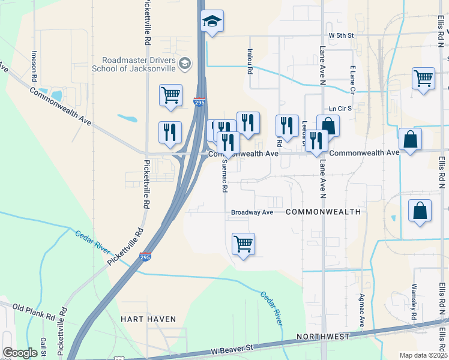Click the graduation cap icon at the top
point(211,22)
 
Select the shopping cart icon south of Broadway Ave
point(243,244)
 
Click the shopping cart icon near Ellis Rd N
point(424,79)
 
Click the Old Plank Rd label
point(34,312)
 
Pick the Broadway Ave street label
point(252,212)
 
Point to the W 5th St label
point(338,35)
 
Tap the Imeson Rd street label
point(34,66)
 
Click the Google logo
point(20,353)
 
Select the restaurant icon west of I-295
point(169,133)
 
